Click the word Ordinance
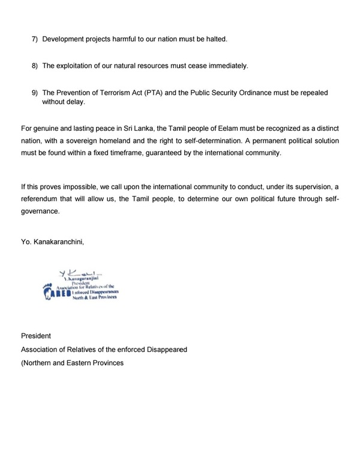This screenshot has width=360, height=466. tap(264, 93)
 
